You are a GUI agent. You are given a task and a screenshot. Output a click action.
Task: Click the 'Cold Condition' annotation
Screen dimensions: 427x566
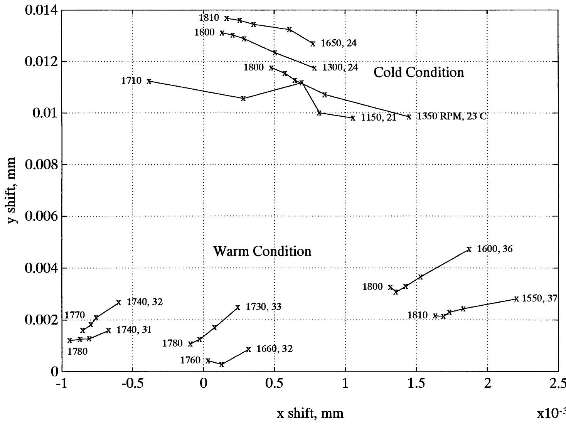tap(419, 72)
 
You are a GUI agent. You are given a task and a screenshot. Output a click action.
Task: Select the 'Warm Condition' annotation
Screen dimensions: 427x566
tap(262, 251)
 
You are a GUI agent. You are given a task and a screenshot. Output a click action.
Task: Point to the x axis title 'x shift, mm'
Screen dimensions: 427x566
tap(310, 413)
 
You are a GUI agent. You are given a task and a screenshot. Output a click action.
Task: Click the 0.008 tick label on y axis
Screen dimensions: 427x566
tap(40, 165)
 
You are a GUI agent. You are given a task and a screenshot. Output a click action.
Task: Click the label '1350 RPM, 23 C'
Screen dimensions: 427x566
tap(452, 116)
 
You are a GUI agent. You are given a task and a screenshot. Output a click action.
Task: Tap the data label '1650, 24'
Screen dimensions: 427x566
tap(339, 43)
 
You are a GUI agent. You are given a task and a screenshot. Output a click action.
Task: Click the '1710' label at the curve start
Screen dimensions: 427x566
tap(131, 81)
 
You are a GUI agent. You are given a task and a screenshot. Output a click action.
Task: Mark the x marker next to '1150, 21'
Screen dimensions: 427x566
tap(353, 118)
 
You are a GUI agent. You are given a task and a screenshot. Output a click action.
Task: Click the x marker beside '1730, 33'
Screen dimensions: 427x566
tap(238, 307)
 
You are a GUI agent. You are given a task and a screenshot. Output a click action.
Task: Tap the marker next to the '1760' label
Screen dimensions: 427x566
tap(208, 361)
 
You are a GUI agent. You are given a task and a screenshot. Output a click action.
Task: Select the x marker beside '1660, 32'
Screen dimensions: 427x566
tap(248, 349)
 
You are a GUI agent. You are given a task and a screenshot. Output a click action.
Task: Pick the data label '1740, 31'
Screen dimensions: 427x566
tap(134, 330)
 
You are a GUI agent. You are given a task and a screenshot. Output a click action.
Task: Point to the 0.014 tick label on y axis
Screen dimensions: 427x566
tap(40, 10)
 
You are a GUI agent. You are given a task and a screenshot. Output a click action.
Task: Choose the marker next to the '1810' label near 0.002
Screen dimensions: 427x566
tap(435, 316)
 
